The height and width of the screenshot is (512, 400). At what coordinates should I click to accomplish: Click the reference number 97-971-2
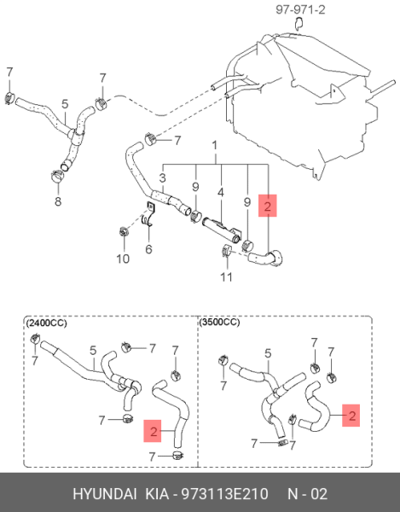coord(300,9)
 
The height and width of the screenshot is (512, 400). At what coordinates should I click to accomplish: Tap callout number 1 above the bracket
coord(215,146)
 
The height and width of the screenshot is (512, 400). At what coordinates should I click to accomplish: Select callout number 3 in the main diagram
coord(163,178)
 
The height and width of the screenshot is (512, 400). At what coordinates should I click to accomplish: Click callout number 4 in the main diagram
coord(221,192)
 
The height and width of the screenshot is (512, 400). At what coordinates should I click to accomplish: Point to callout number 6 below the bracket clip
coord(148,249)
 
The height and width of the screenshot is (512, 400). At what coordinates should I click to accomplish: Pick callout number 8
coord(58,201)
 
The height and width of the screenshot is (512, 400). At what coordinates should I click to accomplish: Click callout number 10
coord(123,259)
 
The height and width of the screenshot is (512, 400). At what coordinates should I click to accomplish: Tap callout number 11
coord(226,276)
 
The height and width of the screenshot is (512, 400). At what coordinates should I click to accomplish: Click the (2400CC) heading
coord(46,323)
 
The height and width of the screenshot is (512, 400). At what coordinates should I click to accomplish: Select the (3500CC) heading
coord(219,323)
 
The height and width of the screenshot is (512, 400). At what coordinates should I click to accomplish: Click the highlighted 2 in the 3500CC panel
coord(351,416)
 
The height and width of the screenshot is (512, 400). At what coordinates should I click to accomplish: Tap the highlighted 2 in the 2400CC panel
coord(153,431)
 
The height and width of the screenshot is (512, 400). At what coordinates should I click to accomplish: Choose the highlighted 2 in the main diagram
coord(268,206)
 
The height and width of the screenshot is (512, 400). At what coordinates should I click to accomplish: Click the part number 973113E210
coord(225,494)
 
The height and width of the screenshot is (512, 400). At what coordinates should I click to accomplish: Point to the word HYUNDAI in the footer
coord(104,494)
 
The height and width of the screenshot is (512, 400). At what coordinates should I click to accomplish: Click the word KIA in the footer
coord(157,494)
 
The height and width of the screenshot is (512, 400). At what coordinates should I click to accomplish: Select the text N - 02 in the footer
coord(307,494)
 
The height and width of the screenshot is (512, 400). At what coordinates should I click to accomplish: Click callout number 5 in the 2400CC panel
coord(93,351)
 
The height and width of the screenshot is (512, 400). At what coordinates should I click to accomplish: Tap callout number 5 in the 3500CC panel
coord(268,353)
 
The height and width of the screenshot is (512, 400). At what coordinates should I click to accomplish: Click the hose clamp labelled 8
coord(58,177)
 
